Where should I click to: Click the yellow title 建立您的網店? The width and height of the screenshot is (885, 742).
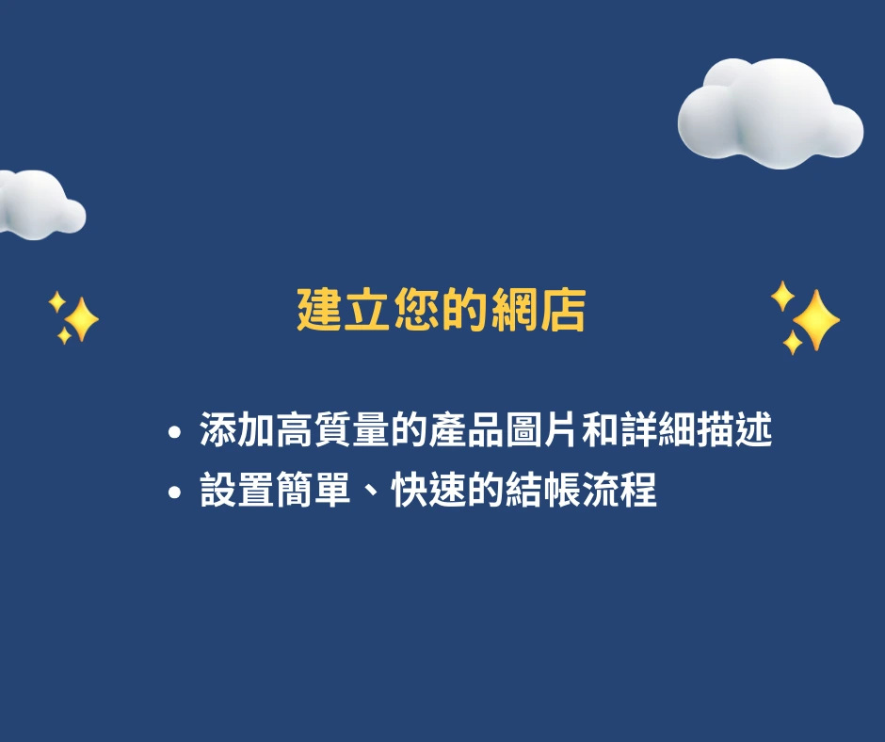[442, 310]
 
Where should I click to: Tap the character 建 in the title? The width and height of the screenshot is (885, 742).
[320, 310]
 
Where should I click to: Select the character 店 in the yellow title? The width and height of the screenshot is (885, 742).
[563, 310]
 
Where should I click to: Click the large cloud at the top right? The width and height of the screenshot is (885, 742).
[770, 112]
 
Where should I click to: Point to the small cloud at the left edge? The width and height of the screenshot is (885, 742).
[40, 204]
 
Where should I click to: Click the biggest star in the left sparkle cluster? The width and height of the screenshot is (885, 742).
[81, 319]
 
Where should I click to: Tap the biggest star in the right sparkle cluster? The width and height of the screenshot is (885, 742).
[816, 320]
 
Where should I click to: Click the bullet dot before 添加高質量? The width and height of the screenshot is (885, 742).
[175, 432]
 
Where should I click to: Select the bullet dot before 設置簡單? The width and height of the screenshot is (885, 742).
[175, 492]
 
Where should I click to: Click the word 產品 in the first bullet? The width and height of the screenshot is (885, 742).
[467, 430]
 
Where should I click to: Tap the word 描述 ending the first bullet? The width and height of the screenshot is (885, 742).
[734, 430]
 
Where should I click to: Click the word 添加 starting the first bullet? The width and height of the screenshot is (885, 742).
[237, 430]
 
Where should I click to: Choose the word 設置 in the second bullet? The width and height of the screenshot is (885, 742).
[237, 490]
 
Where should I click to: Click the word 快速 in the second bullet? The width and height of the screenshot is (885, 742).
[429, 490]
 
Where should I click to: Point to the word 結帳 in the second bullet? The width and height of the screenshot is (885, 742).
[542, 490]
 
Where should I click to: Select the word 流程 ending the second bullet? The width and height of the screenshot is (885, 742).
[619, 490]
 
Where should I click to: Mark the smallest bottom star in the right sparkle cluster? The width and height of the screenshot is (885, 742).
[793, 342]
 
